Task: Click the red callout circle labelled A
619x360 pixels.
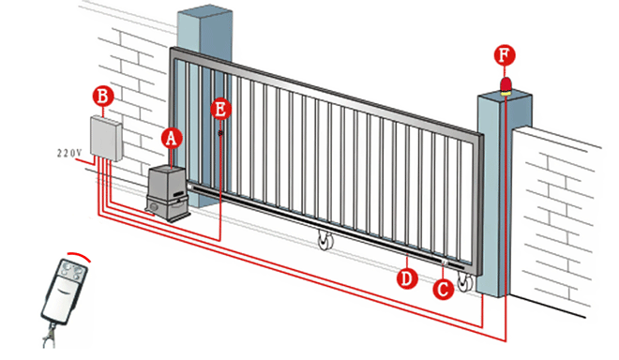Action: tap(172, 138)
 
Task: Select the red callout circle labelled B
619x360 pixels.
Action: tap(102, 97)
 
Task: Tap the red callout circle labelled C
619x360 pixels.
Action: tap(443, 290)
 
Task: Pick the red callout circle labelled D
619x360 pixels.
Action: tap(407, 278)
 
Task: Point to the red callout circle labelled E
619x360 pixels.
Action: tap(220, 109)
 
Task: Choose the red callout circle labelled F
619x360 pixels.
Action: tap(505, 55)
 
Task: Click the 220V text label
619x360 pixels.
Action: tap(69, 153)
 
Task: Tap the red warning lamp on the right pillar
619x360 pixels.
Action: tap(506, 86)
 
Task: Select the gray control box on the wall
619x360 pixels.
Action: tap(106, 138)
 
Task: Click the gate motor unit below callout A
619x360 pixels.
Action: tap(168, 193)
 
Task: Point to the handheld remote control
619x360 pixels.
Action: tap(65, 290)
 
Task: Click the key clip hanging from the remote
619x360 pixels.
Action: tap(49, 336)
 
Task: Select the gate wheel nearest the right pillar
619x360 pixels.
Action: tap(465, 282)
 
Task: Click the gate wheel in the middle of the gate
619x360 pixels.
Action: tap(325, 240)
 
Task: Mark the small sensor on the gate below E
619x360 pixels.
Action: tap(220, 133)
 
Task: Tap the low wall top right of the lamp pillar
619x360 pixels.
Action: tap(556, 134)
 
